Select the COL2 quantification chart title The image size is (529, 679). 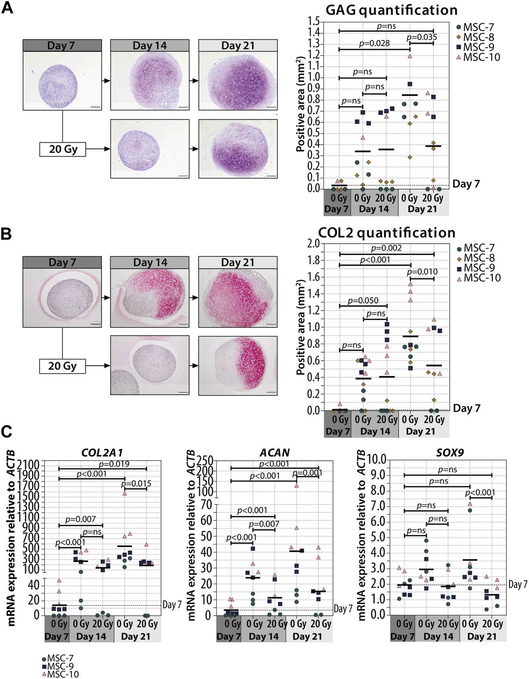tap(387, 233)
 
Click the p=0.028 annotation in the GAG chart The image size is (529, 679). tap(374, 44)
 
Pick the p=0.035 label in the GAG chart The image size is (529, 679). tap(422, 37)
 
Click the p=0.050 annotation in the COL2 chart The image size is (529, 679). tap(363, 300)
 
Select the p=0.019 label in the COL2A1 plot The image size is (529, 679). tap(114, 464)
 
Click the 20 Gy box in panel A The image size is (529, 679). tap(63, 149)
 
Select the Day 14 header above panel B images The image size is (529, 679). tap(150, 263)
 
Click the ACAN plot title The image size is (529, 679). tap(274, 453)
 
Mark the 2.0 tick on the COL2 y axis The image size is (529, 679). tap(313, 244)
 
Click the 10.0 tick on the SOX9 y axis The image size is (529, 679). tap(376, 460)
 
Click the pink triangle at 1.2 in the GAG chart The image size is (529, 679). tap(409, 56)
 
